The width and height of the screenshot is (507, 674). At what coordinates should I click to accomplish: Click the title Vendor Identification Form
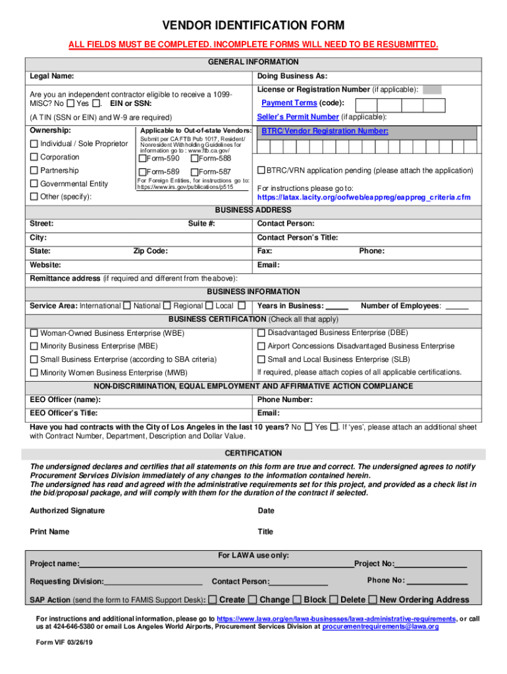coord(254,26)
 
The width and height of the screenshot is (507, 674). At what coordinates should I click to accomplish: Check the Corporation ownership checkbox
coord(34,157)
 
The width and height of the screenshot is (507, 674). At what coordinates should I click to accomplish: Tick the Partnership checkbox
coord(34,170)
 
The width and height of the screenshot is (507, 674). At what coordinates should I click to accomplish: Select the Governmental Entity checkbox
coord(34,184)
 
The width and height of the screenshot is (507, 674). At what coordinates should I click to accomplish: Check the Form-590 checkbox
coord(142,159)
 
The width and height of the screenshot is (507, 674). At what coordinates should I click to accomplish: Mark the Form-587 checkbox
coord(194,172)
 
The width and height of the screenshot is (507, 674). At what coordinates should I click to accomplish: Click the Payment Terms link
coord(289,103)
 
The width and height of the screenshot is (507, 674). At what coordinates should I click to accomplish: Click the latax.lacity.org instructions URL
coord(363,197)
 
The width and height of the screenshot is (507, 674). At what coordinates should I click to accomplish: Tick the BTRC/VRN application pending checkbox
coord(261,170)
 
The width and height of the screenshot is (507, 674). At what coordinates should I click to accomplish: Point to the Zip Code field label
coord(150,251)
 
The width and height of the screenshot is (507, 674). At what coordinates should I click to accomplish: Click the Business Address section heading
coord(254,210)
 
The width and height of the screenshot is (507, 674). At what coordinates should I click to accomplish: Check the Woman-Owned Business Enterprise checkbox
coord(34,333)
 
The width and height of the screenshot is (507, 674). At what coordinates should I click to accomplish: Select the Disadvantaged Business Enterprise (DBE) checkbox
coord(261,332)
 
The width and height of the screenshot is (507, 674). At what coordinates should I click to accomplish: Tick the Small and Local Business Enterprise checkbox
coord(261,359)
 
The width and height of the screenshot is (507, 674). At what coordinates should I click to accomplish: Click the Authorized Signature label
coord(67,511)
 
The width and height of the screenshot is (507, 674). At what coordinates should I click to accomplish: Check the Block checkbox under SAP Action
coord(297,600)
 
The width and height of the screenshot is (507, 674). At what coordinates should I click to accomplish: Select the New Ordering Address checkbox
coord(373,600)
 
